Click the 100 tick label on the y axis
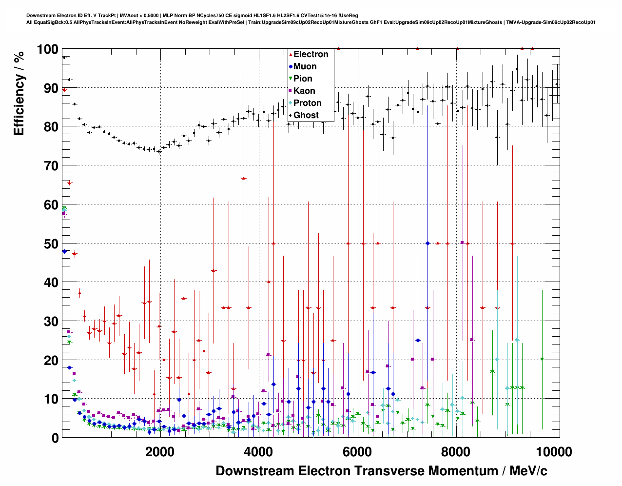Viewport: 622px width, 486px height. [47, 49]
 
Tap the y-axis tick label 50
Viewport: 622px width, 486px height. [51, 243]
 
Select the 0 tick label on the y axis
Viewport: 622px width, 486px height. [55, 438]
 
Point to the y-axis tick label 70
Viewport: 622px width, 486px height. [51, 166]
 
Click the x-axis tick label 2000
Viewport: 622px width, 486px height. [159, 451]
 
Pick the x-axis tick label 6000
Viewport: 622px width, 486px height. [357, 451]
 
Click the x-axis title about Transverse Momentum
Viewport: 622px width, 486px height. [381, 471]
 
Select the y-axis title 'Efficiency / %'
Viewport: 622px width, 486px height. [19, 93]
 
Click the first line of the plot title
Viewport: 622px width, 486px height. [192, 16]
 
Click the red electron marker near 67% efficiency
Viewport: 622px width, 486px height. [244, 179]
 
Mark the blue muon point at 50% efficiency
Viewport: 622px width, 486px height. [428, 243]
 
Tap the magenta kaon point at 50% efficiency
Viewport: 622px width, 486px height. [462, 243]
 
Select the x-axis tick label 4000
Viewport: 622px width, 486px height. [258, 451]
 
